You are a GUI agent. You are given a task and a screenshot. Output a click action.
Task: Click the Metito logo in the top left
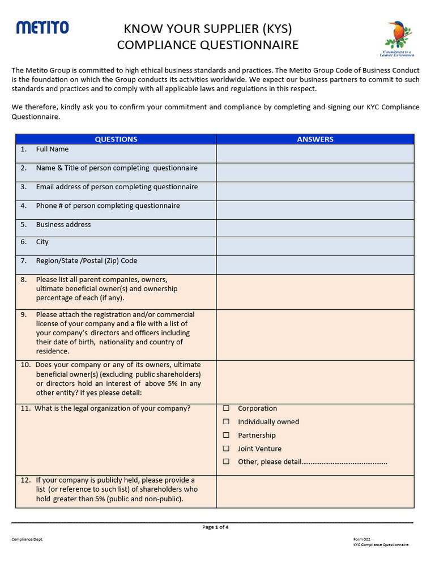pyautogui.click(x=42, y=27)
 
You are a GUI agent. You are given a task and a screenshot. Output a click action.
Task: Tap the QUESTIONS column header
pyautogui.click(x=116, y=139)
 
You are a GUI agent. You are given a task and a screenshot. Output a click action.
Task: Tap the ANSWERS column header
pyautogui.click(x=315, y=139)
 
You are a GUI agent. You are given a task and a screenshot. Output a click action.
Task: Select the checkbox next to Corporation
pyautogui.click(x=227, y=408)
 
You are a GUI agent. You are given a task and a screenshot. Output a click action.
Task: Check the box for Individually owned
pyautogui.click(x=227, y=422)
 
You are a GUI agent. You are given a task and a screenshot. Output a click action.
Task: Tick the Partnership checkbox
pyautogui.click(x=227, y=436)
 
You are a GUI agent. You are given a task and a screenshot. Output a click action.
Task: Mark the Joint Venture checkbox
pyautogui.click(x=227, y=449)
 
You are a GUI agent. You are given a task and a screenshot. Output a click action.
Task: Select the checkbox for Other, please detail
pyautogui.click(x=227, y=462)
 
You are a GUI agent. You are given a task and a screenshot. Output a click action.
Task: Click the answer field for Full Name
pyautogui.click(x=315, y=153)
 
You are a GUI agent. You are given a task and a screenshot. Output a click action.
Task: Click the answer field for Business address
pyautogui.click(x=315, y=228)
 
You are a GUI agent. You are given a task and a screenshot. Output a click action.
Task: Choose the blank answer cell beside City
pyautogui.click(x=315, y=246)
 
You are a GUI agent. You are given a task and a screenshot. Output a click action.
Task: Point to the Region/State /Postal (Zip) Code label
pyautogui.click(x=86, y=261)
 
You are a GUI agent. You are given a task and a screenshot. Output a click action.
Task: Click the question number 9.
pyautogui.click(x=24, y=315)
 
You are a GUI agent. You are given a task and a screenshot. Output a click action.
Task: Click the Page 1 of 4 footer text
pyautogui.click(x=215, y=527)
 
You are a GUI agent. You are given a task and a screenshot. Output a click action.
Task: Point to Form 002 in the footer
pyautogui.click(x=361, y=539)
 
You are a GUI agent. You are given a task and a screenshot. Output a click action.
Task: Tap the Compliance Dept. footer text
pyautogui.click(x=27, y=539)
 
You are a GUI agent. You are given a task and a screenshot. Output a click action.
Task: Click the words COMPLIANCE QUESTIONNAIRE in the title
pyautogui.click(x=207, y=45)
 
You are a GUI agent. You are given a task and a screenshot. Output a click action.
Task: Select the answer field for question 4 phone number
pyautogui.click(x=315, y=210)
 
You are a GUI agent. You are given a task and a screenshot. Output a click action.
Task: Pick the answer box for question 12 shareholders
pyautogui.click(x=315, y=491)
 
